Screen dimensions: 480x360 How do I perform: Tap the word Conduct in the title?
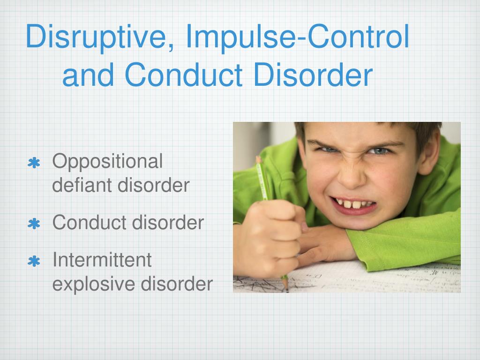(184, 75)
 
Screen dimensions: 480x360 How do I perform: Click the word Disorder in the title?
(313, 75)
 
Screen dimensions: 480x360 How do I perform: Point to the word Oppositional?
(107, 162)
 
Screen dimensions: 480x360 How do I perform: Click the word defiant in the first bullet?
(82, 185)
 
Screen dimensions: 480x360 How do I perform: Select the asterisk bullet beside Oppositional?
(34, 163)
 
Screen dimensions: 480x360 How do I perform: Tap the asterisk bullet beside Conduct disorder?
(34, 224)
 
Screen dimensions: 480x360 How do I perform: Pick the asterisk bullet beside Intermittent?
(34, 261)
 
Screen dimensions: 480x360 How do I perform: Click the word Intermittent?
(102, 260)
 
